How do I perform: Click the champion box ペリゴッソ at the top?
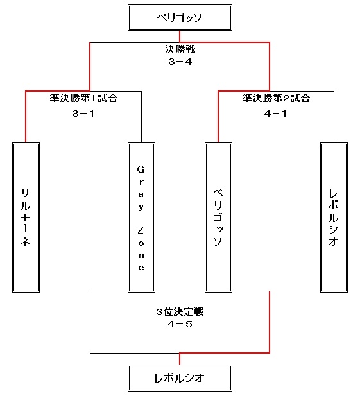(x=180, y=18)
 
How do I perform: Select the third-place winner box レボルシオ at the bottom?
(x=180, y=378)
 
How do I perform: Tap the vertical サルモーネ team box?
(x=26, y=218)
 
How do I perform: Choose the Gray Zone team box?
(x=141, y=218)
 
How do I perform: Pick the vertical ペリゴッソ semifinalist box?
(x=218, y=218)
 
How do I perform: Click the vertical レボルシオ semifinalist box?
(x=334, y=218)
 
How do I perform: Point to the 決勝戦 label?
(x=180, y=49)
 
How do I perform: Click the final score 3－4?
(x=180, y=62)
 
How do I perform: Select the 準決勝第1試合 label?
(x=83, y=98)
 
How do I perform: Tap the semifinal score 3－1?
(x=83, y=114)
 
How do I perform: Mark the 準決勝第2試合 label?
(x=276, y=98)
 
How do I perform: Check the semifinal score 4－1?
(x=275, y=114)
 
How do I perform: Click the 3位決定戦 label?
(x=180, y=312)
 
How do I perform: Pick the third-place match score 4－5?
(x=180, y=324)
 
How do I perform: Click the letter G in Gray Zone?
(x=141, y=169)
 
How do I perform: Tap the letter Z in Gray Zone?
(x=141, y=230)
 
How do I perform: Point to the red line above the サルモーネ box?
(x=26, y=117)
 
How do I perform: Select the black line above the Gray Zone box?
(x=141, y=117)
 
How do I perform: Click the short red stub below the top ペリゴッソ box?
(x=180, y=37)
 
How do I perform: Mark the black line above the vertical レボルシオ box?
(x=334, y=117)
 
